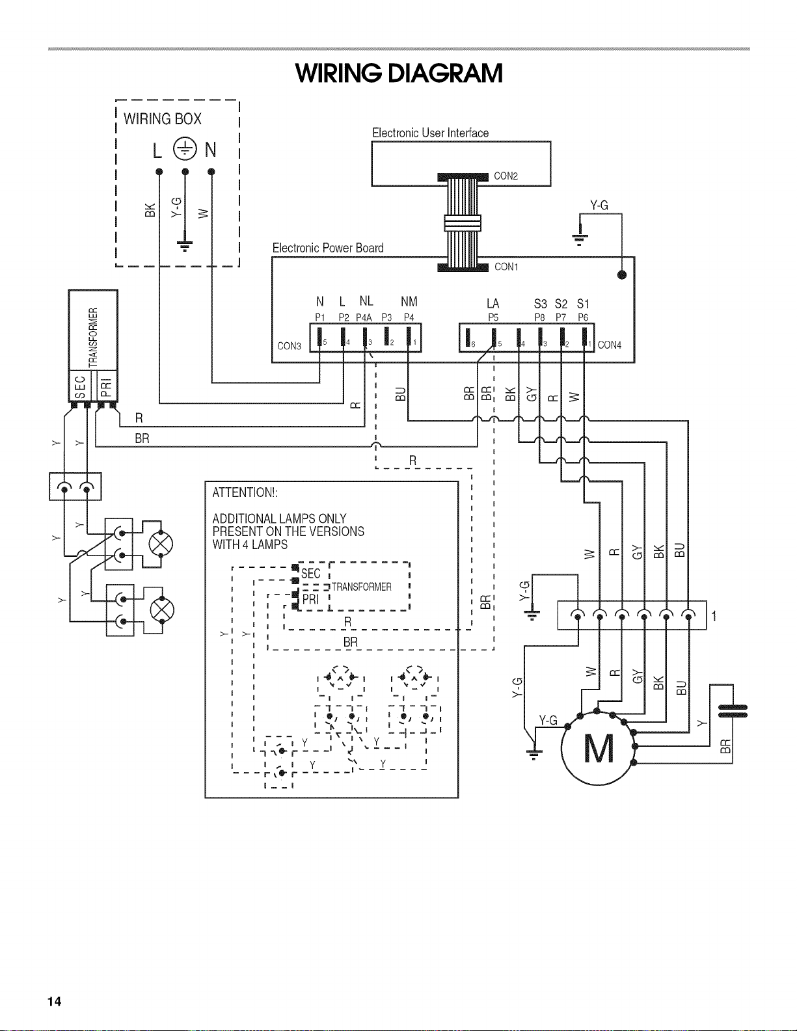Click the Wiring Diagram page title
(x=398, y=73)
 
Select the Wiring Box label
(x=162, y=118)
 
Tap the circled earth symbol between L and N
(x=185, y=149)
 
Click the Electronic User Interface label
(x=430, y=133)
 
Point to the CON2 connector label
(x=506, y=176)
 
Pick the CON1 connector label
(x=506, y=267)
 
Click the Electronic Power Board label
(x=328, y=248)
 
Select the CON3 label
(x=290, y=346)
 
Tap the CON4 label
(x=610, y=345)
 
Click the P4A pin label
(x=364, y=317)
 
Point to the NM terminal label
(x=409, y=301)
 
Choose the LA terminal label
(x=493, y=304)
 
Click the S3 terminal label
(x=541, y=304)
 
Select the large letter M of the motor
(x=599, y=749)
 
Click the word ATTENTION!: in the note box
(x=245, y=492)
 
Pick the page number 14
(x=54, y=1001)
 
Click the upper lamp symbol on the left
(x=161, y=544)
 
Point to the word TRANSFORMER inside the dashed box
(x=362, y=587)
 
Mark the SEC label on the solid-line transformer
(x=81, y=386)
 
